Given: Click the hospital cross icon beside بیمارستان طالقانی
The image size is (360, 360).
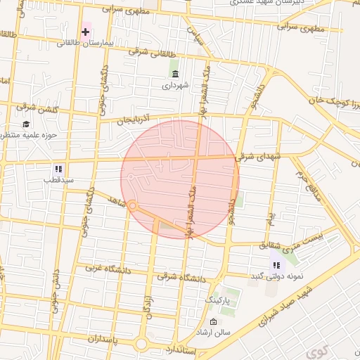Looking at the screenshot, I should [86, 32].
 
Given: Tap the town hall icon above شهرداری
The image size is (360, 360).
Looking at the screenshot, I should [174, 74].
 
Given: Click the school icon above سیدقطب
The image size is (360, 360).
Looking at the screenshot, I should [58, 169].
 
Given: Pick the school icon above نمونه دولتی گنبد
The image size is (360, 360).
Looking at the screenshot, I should [276, 265].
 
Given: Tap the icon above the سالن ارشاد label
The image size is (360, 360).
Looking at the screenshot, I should [214, 321].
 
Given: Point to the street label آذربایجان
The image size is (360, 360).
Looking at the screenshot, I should [134, 120].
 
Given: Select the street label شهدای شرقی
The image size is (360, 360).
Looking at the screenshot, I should [257, 157].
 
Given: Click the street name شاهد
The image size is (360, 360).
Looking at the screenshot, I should [107, 198].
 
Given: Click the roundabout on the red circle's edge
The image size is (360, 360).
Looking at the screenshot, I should [131, 205].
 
